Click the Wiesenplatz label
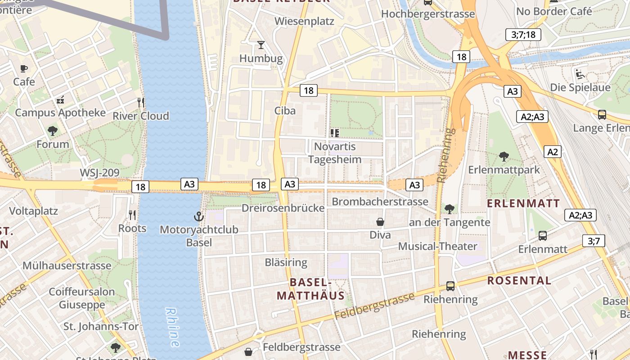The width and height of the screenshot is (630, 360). coord(304,21)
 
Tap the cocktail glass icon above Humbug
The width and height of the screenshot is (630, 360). coord(261,45)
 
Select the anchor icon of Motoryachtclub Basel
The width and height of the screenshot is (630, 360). coord(199,217)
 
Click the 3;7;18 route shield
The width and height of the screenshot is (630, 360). coord(523,35)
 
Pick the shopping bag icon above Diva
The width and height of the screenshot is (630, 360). coord(380,222)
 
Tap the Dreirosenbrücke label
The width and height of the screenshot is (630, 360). coord(283,208)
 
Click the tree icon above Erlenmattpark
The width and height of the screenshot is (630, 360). coord(504,157)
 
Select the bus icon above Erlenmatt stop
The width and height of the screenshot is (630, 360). coord(543,235)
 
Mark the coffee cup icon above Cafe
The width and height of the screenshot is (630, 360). coord(24,68)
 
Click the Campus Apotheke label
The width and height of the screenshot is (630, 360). coord(60,112)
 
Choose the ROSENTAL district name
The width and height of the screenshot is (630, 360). coord(519,280)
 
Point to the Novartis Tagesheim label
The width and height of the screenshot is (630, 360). coord(335,153)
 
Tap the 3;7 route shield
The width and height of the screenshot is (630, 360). coord(594,241)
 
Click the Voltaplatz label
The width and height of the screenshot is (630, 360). coord(33,211)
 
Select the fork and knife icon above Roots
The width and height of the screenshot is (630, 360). coord(132,215)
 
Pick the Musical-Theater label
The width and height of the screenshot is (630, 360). coord(437,246)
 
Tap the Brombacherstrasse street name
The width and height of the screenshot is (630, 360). coord(380,201)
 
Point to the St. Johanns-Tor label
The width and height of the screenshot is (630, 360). coord(101,326)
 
